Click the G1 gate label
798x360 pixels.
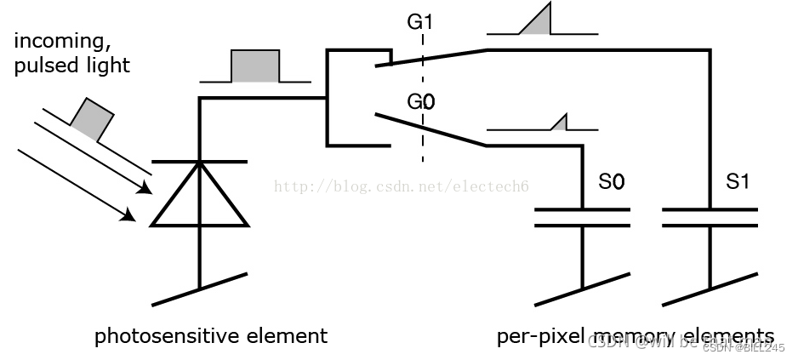point(419,21)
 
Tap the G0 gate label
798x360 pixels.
point(420,102)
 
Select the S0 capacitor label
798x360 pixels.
point(611,181)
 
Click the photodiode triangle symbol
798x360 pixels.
point(199,199)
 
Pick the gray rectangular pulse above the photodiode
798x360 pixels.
point(255,66)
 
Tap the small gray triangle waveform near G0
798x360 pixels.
point(561,124)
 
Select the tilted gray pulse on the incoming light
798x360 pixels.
point(91,119)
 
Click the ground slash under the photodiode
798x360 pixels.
point(199,289)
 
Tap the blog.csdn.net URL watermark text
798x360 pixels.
point(396,186)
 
